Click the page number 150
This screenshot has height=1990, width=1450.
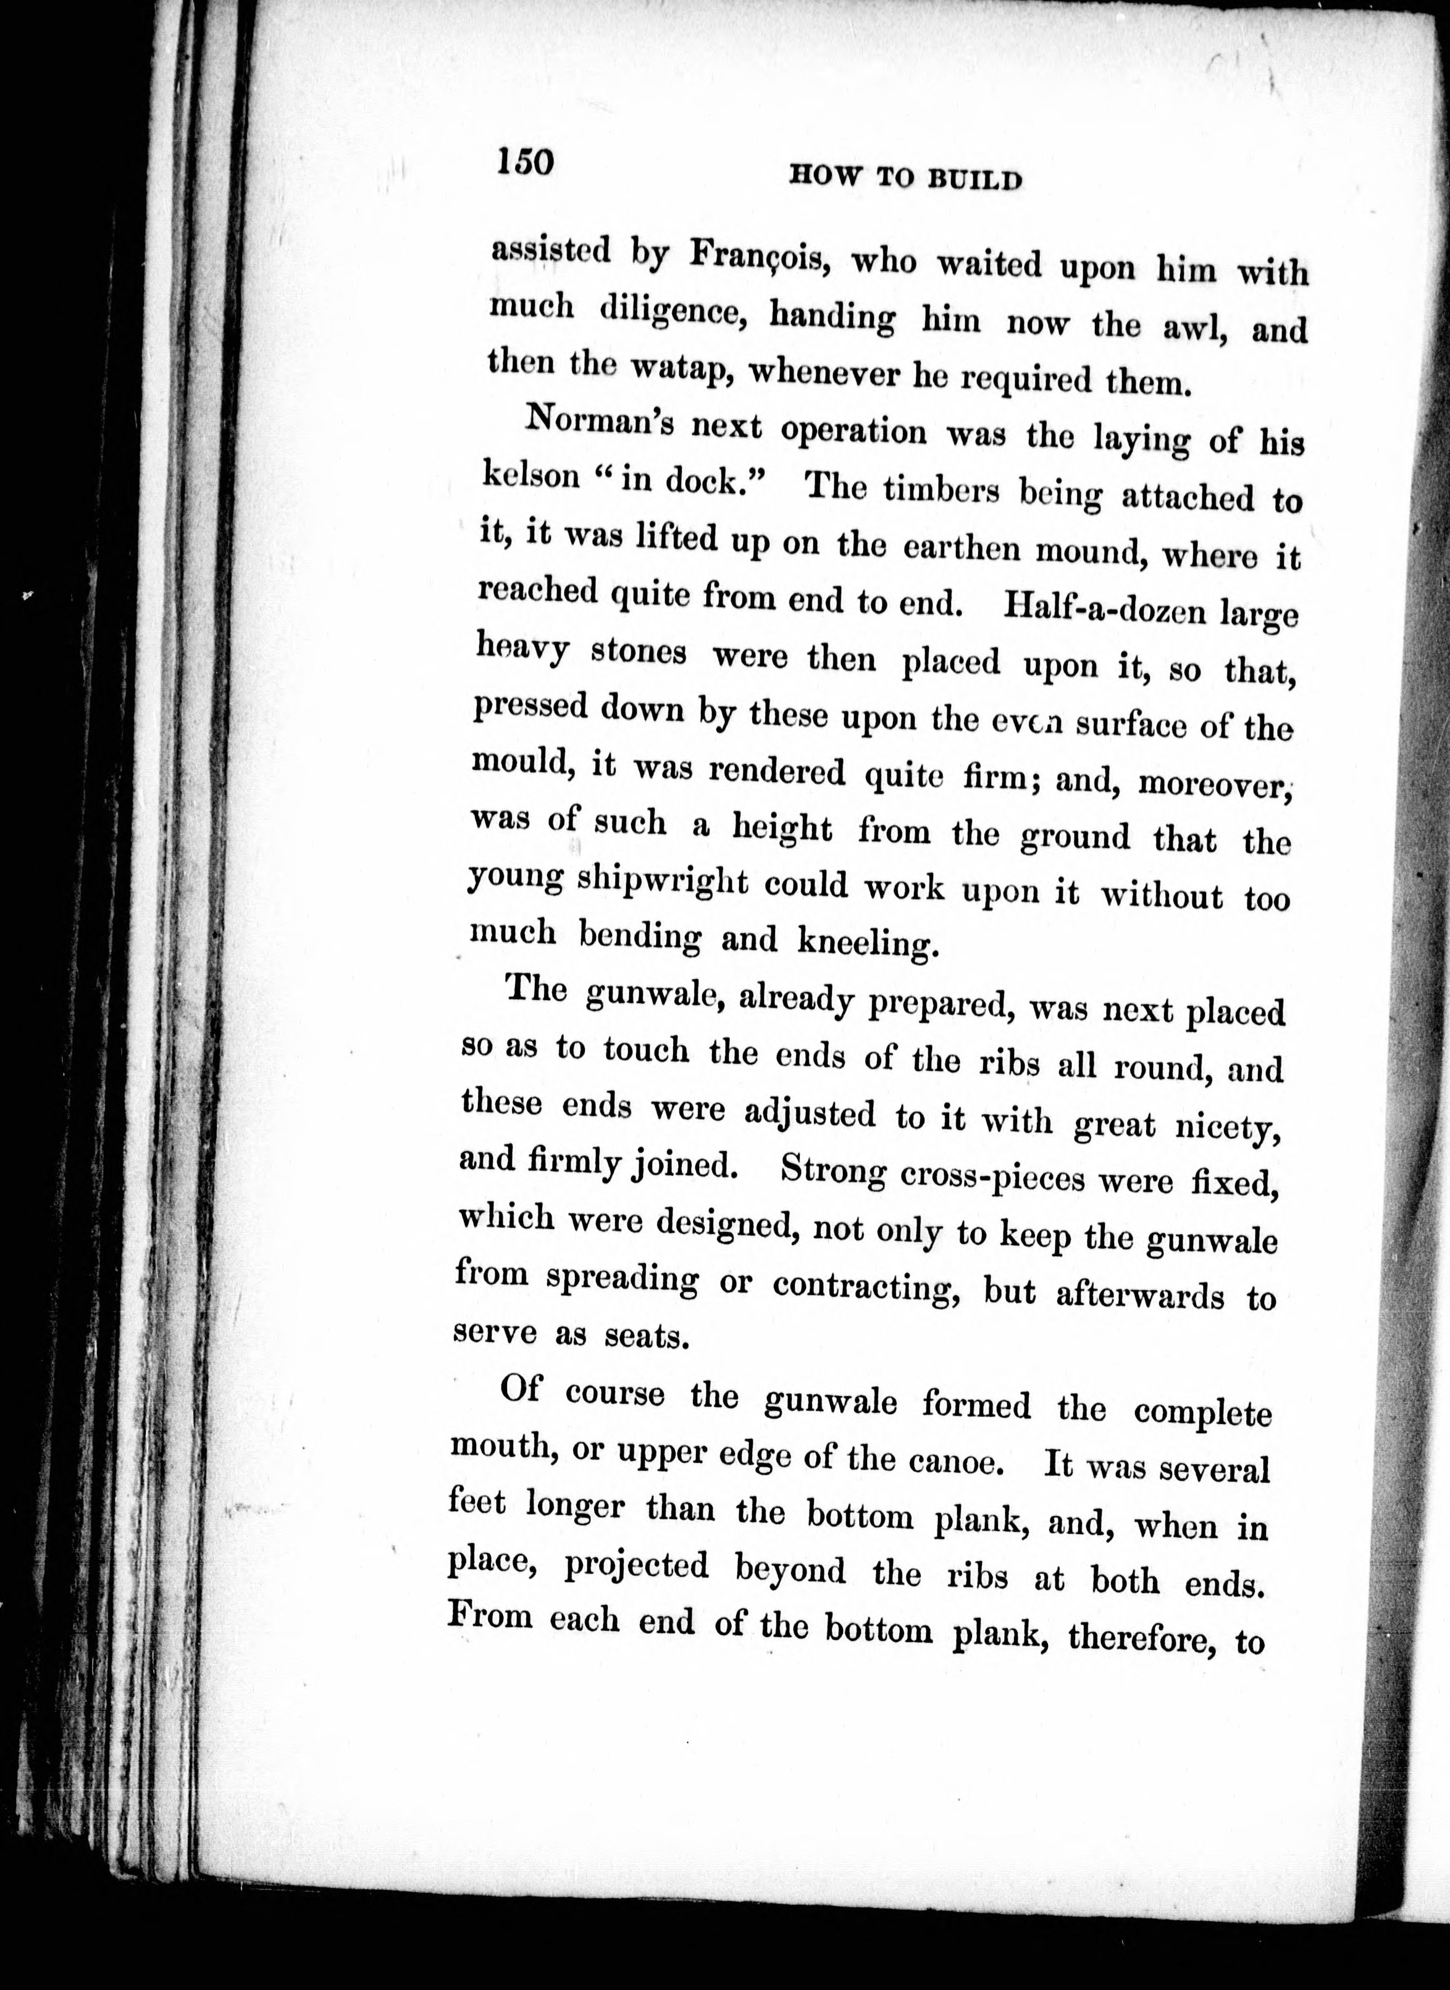525,162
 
